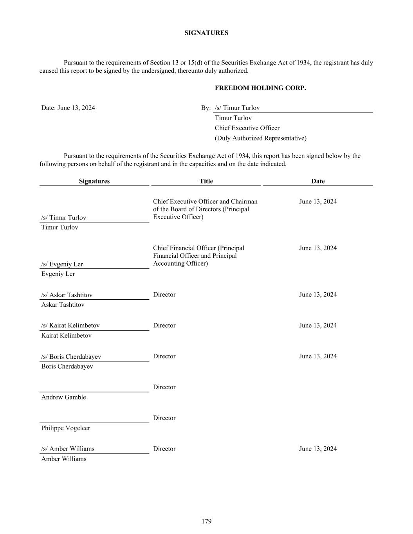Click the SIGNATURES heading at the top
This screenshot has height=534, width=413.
tap(206, 33)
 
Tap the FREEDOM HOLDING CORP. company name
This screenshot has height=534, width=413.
tap(260, 88)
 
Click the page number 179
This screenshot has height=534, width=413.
tap(206, 521)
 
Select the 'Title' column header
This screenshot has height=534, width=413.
tap(206, 181)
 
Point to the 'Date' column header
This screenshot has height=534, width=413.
tap(318, 181)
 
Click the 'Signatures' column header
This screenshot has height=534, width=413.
tap(94, 181)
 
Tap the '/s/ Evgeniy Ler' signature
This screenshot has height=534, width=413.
tap(62, 264)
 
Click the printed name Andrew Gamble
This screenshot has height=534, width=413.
tap(63, 397)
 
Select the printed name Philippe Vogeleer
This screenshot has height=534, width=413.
tap(65, 428)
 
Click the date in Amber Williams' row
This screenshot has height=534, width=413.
tap(318, 449)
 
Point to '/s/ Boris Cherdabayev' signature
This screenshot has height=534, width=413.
tap(71, 356)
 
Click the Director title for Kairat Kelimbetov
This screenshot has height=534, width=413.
tap(164, 325)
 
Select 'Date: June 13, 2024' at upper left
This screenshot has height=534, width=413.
tap(68, 108)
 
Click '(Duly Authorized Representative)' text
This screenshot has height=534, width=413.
tap(260, 138)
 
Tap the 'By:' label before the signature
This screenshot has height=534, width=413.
tap(206, 108)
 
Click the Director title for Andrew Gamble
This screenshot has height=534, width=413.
tap(164, 387)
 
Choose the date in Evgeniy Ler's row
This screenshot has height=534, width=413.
tap(318, 248)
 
